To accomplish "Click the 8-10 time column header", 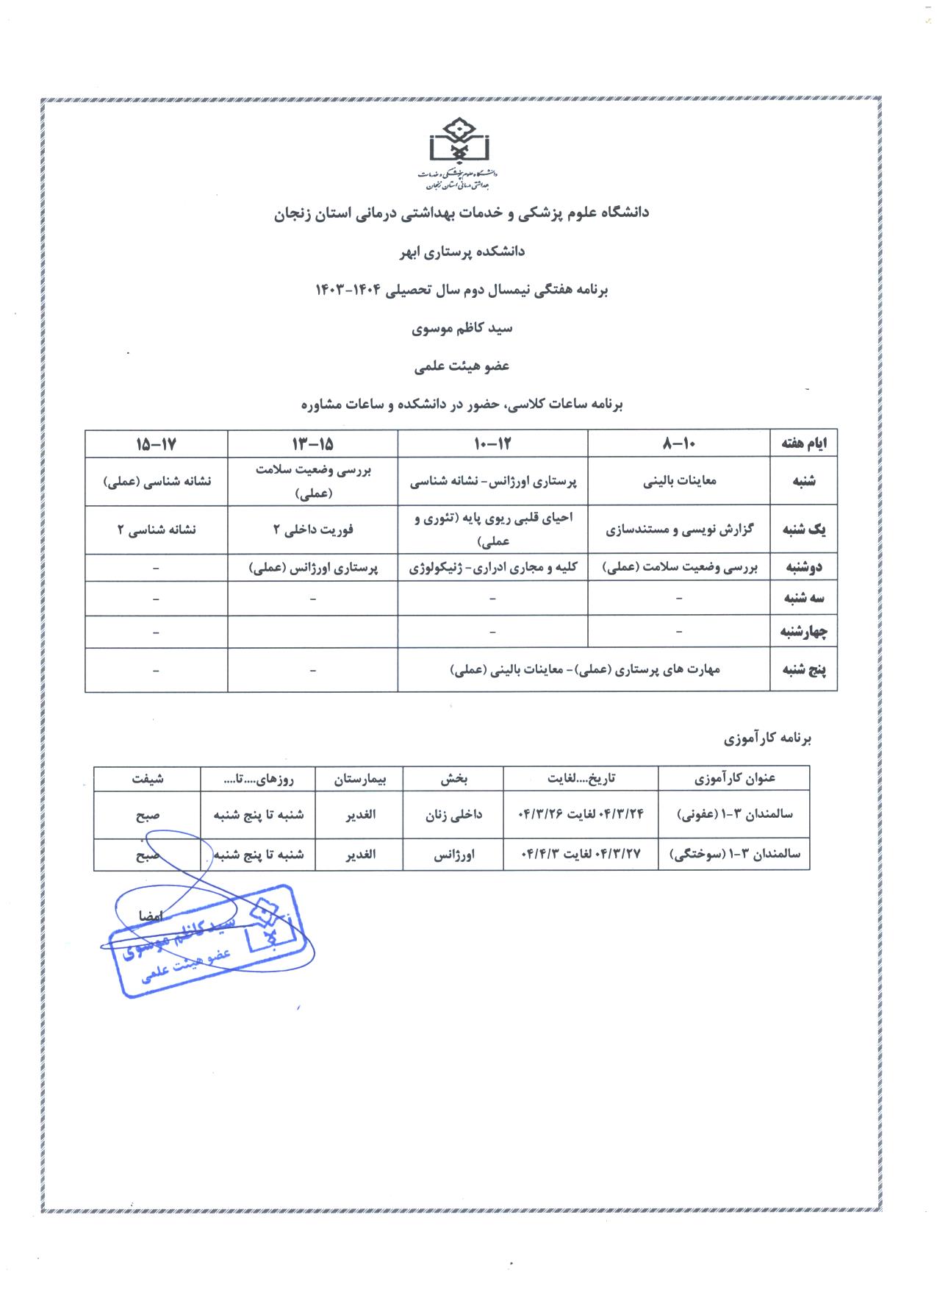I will pyautogui.click(x=679, y=443).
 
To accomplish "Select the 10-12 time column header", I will pyautogui.click(x=492, y=443).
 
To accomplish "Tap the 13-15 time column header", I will pyautogui.click(x=312, y=443).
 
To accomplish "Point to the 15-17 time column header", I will pyautogui.click(x=157, y=443).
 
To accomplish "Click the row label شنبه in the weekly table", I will pyautogui.click(x=803, y=481).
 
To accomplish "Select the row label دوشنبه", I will pyautogui.click(x=803, y=567).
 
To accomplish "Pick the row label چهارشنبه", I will pyautogui.click(x=803, y=631).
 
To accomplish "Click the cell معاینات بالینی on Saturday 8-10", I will pyautogui.click(x=679, y=481).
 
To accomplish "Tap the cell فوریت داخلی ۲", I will pyautogui.click(x=312, y=529).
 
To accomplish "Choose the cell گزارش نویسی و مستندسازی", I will pyautogui.click(x=679, y=529).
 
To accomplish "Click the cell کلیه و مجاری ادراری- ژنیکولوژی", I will pyautogui.click(x=492, y=567).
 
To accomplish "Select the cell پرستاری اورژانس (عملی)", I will pyautogui.click(x=312, y=567).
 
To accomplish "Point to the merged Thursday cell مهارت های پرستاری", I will pyautogui.click(x=584, y=669).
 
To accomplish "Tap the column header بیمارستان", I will pyautogui.click(x=359, y=778).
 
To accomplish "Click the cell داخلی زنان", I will pyautogui.click(x=453, y=815).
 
